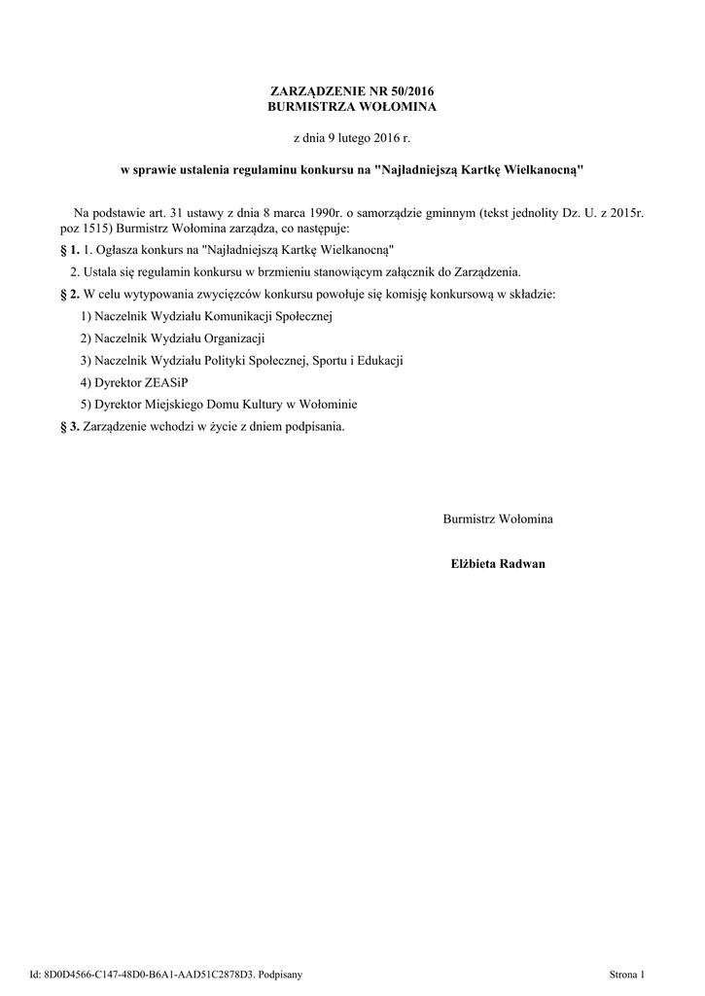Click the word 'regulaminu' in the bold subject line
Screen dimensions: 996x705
268,169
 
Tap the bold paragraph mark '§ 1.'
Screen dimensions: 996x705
70,250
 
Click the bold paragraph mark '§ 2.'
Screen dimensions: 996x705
70,294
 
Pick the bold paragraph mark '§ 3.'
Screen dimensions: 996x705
70,427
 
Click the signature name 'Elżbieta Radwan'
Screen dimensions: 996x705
498,564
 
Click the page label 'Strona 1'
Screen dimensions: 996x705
627,974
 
